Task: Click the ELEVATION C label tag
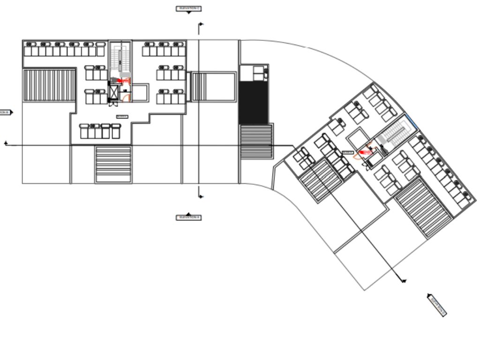click(188, 8)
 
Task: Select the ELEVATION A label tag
click(188, 217)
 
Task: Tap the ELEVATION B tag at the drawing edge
click(6, 112)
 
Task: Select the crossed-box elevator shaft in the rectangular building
click(114, 91)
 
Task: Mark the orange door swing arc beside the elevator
click(125, 97)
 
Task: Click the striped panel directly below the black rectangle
click(256, 141)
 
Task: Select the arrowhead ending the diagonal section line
click(404, 281)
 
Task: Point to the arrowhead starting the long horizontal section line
click(6, 143)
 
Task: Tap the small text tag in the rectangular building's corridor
click(122, 117)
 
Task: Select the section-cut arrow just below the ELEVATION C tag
click(201, 24)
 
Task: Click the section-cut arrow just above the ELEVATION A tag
click(201, 196)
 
